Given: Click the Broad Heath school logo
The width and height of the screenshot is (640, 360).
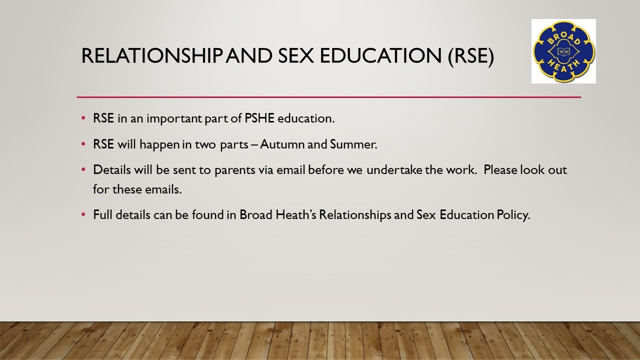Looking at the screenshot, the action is click(x=563, y=51).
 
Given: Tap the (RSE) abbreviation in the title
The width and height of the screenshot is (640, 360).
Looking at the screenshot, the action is click(x=471, y=56).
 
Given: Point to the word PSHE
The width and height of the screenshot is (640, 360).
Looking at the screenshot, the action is click(x=259, y=118).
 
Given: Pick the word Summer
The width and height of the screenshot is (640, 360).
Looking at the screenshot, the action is click(x=353, y=144).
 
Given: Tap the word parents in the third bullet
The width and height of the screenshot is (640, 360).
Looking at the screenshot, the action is click(x=234, y=170).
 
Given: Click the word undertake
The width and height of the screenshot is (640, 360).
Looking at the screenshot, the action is click(x=394, y=170).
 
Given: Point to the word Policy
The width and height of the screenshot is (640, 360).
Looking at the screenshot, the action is click(x=513, y=215).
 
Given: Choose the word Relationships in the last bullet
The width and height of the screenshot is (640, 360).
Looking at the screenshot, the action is click(x=355, y=215).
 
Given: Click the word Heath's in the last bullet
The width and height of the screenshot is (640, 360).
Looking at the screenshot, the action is click(x=295, y=215).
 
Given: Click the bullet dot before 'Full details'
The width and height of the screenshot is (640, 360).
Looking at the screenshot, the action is click(x=83, y=214).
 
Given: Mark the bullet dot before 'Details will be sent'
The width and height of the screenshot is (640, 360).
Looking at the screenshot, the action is click(x=83, y=169).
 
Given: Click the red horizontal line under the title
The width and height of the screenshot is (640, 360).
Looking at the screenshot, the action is click(x=329, y=97).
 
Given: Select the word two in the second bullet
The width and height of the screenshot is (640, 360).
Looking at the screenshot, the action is click(x=205, y=145).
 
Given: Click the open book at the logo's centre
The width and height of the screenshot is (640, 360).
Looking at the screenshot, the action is click(x=563, y=51).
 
